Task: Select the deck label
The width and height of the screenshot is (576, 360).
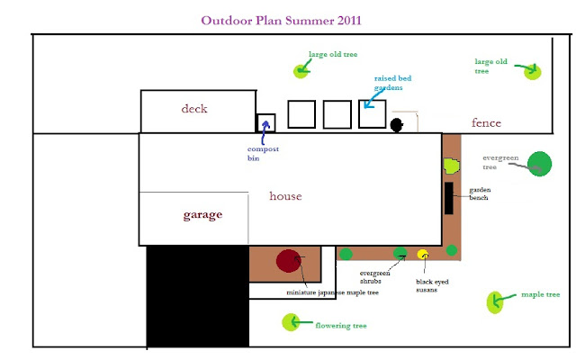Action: click(x=193, y=109)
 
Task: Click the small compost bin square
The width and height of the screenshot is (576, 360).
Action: click(x=266, y=123)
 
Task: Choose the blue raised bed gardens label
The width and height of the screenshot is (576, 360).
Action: click(x=388, y=84)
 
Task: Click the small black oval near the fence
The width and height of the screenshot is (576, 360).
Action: click(x=395, y=125)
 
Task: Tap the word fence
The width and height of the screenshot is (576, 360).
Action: click(x=486, y=122)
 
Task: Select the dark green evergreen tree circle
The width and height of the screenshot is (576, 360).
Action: click(x=540, y=164)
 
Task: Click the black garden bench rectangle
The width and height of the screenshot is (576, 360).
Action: click(x=448, y=197)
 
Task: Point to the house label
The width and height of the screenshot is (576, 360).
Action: click(x=285, y=195)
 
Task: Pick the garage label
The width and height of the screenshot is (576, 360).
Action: click(x=202, y=215)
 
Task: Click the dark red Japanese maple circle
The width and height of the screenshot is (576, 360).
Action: click(x=289, y=261)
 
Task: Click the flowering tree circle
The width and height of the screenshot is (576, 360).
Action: click(x=290, y=321)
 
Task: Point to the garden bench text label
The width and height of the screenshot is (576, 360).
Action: click(x=478, y=194)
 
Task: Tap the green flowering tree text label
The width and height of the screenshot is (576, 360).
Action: click(x=341, y=325)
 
